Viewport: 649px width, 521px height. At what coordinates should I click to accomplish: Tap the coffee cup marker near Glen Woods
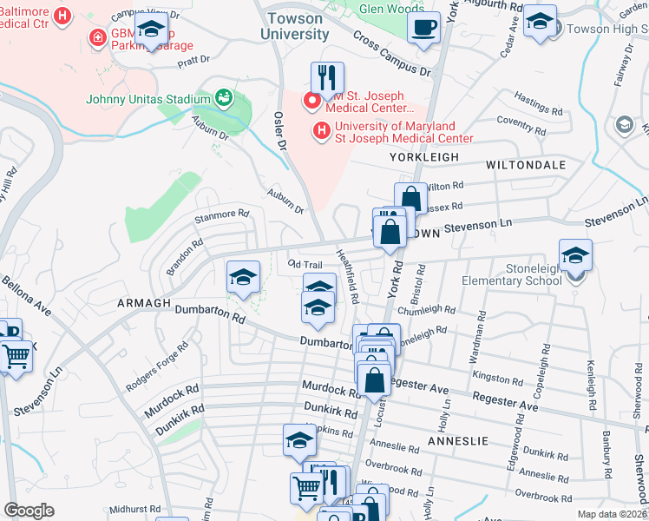[x=424, y=26]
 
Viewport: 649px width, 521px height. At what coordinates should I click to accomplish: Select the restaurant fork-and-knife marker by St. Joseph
[x=327, y=79]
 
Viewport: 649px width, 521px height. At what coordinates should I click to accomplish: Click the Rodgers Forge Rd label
[x=156, y=366]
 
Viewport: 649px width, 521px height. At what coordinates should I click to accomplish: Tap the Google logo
[x=29, y=511]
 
